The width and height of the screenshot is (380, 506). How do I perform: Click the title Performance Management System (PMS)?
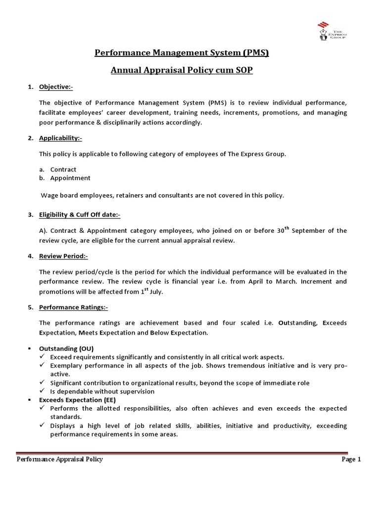[x=182, y=53]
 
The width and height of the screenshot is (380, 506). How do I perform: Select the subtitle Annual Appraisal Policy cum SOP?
[x=182, y=70]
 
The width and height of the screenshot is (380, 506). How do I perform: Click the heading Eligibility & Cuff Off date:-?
[x=80, y=214]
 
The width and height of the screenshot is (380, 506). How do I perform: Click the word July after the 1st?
[x=155, y=292]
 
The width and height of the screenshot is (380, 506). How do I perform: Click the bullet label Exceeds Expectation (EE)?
[x=82, y=399]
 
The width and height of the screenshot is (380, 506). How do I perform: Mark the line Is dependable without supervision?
[x=102, y=391]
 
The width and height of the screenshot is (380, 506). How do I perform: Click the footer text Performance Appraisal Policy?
[x=60, y=459]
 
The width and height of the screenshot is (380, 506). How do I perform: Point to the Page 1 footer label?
[x=351, y=459]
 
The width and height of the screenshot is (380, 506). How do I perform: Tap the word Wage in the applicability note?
[x=49, y=195]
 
